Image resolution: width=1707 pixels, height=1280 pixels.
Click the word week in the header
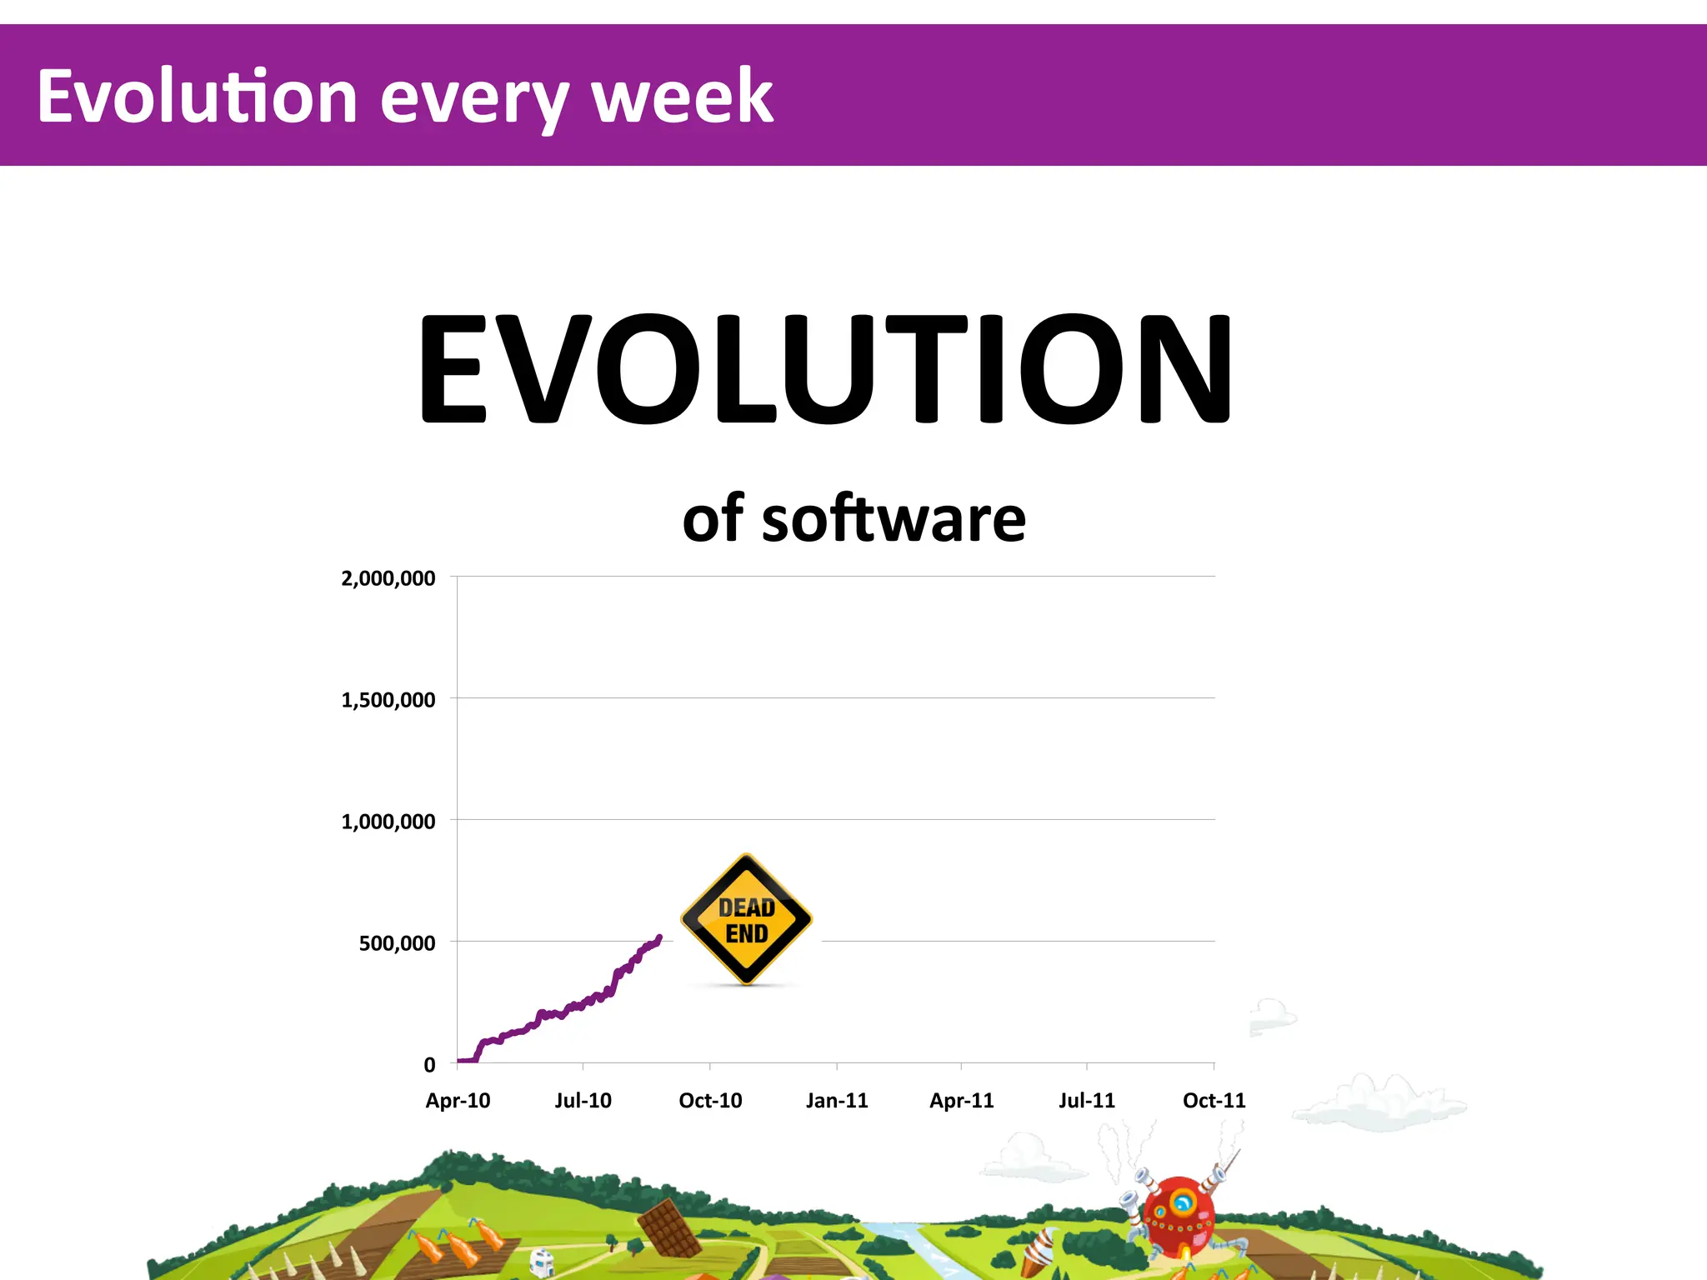point(682,97)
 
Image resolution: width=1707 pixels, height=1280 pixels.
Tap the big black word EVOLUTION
point(825,368)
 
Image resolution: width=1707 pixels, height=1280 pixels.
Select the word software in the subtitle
point(894,518)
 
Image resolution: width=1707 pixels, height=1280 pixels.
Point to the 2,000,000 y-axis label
point(388,578)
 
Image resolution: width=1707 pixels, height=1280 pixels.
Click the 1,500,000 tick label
point(388,700)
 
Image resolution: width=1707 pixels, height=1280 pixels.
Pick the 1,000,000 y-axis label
point(388,822)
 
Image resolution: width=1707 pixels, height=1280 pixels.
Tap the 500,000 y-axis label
point(397,943)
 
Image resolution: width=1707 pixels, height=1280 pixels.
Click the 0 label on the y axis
point(429,1065)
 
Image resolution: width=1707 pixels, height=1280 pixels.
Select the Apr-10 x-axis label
point(458,1101)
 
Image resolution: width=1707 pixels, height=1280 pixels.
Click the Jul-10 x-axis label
point(583,1101)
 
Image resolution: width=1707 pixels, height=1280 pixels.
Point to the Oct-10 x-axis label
point(710,1101)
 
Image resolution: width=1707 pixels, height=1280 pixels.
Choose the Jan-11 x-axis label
point(837,1101)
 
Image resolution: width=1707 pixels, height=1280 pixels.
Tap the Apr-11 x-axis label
point(962,1101)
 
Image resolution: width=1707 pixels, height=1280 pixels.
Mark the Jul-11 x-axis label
point(1087,1101)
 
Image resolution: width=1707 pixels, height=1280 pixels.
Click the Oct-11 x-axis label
point(1214,1101)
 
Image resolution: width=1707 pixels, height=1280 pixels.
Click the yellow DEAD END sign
point(747,920)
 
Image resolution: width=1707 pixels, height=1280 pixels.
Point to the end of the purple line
point(659,937)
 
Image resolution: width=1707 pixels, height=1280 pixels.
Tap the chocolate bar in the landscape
point(668,1227)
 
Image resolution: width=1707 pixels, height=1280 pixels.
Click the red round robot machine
point(1179,1213)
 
